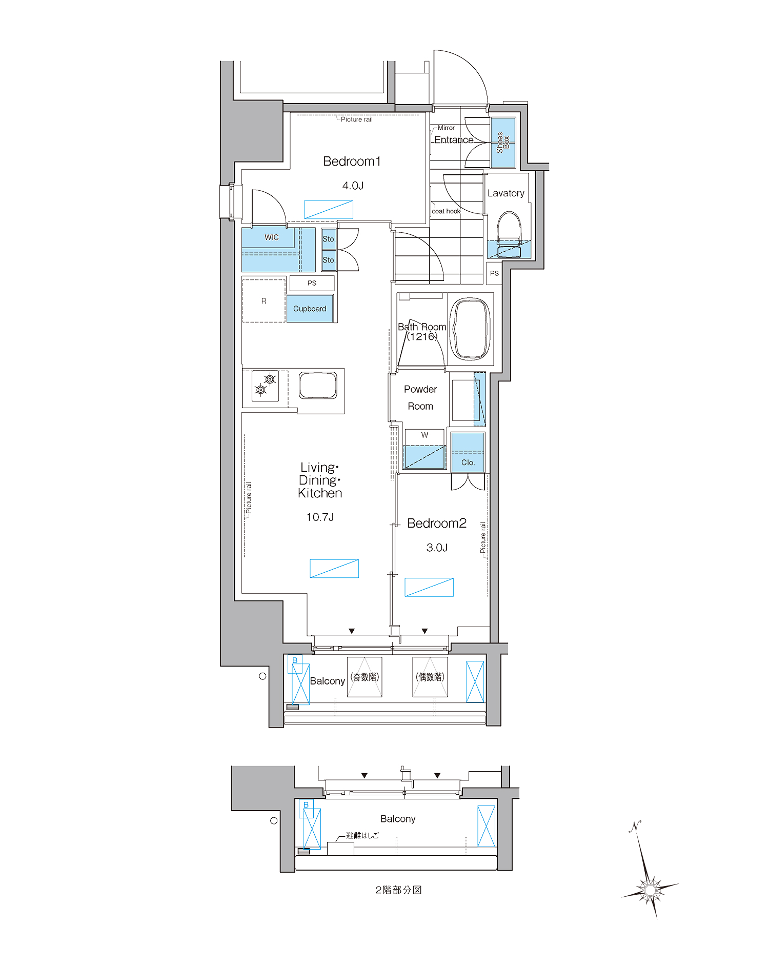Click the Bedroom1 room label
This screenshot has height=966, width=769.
352,162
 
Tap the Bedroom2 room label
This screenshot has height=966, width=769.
437,524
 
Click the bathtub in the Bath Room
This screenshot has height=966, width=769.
470,329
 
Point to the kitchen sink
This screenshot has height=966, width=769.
318,386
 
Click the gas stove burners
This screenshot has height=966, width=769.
266,385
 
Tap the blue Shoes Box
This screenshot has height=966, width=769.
503,143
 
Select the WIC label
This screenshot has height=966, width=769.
272,237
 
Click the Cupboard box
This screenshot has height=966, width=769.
310,309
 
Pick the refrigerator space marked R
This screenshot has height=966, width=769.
264,301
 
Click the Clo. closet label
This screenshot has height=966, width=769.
468,462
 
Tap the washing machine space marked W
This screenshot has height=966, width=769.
424,449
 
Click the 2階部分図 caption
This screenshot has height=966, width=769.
398,890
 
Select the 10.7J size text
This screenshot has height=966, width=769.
320,517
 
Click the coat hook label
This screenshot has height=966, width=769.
446,211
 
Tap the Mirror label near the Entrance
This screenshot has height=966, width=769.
446,128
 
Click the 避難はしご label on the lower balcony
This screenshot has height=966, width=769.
362,835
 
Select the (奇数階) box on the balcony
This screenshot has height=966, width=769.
365,677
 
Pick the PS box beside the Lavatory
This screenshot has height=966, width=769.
494,273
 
